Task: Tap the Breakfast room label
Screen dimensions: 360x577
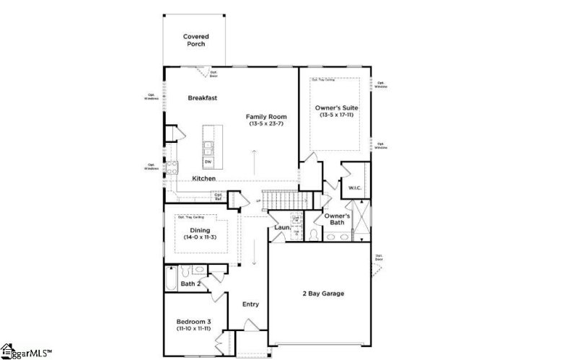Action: pyautogui.click(x=203, y=98)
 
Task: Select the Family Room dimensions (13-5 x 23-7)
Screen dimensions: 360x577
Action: pyautogui.click(x=267, y=124)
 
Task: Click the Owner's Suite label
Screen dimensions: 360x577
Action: pyautogui.click(x=336, y=107)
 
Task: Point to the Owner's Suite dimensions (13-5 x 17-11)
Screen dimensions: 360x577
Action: pyautogui.click(x=336, y=115)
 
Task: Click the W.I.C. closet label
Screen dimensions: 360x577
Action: pyautogui.click(x=354, y=188)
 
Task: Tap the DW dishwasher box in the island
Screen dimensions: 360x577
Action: pyautogui.click(x=208, y=162)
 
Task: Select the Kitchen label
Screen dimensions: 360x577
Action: pyautogui.click(x=203, y=178)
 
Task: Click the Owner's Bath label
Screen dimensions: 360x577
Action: pyautogui.click(x=337, y=219)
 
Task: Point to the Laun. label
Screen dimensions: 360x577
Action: pyautogui.click(x=282, y=228)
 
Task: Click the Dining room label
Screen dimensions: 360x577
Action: pyautogui.click(x=200, y=230)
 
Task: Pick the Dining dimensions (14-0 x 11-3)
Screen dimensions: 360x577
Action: pyautogui.click(x=200, y=237)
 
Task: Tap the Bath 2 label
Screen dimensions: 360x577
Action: pyautogui.click(x=190, y=284)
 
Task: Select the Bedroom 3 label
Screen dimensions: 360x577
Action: pyautogui.click(x=193, y=322)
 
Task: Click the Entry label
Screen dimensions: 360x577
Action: pyautogui.click(x=250, y=304)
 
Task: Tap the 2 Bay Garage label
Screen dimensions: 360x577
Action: pyautogui.click(x=322, y=294)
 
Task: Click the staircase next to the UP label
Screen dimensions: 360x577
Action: pyautogui.click(x=278, y=199)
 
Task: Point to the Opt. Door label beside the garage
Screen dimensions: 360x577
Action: pyautogui.click(x=379, y=257)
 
